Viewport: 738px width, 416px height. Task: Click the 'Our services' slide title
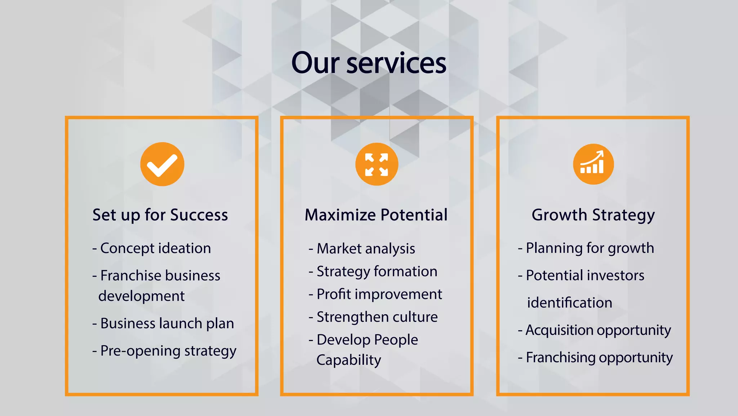point(369,63)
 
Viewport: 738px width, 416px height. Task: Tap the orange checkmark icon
point(162,164)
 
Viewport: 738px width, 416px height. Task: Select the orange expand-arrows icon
point(377,164)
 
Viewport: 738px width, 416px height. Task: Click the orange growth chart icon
point(593,164)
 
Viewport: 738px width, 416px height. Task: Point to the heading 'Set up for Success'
point(160,215)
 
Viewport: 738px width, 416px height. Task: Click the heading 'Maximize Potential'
point(376,215)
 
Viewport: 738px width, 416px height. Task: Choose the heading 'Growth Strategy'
point(593,215)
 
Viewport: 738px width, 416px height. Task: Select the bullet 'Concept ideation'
point(155,248)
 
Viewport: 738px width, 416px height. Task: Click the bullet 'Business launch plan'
point(167,323)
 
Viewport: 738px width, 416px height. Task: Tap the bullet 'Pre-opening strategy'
point(168,351)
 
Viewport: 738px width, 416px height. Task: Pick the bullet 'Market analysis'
point(365,249)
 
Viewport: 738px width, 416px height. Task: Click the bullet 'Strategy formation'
point(377,271)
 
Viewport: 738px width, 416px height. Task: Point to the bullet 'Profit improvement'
point(379,294)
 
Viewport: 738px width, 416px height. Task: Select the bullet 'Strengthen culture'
point(377,317)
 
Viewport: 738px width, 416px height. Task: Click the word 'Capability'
point(348,360)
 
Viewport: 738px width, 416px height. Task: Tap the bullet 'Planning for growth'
point(590,248)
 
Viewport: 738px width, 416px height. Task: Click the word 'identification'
point(569,303)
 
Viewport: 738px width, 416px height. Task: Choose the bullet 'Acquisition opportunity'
point(598,330)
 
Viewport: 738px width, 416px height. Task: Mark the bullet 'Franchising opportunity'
point(599,358)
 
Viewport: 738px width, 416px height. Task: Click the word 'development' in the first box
point(141,296)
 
